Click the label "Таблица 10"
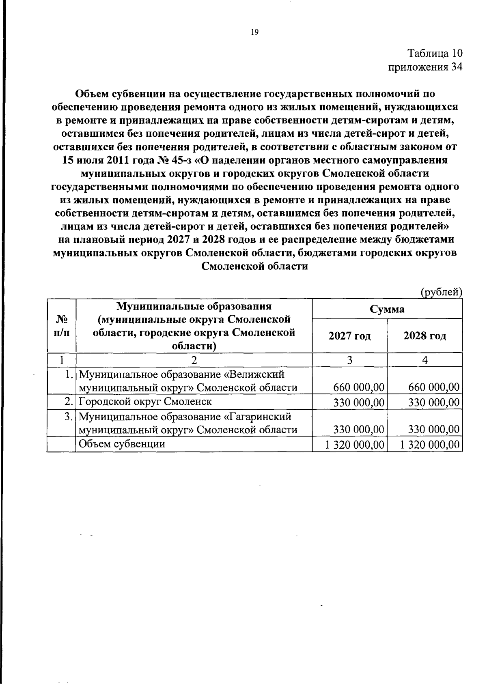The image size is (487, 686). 435,53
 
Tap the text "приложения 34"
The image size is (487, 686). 425,67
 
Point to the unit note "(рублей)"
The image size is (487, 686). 442,292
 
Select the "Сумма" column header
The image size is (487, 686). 387,309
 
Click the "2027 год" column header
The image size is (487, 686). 349,336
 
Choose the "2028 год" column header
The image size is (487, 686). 425,336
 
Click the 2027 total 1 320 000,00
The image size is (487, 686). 354,445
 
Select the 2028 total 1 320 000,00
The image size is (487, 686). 430,445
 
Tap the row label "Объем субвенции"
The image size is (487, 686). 122,444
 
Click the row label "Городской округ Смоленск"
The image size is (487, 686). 145,402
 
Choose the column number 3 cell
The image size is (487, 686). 349,360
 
